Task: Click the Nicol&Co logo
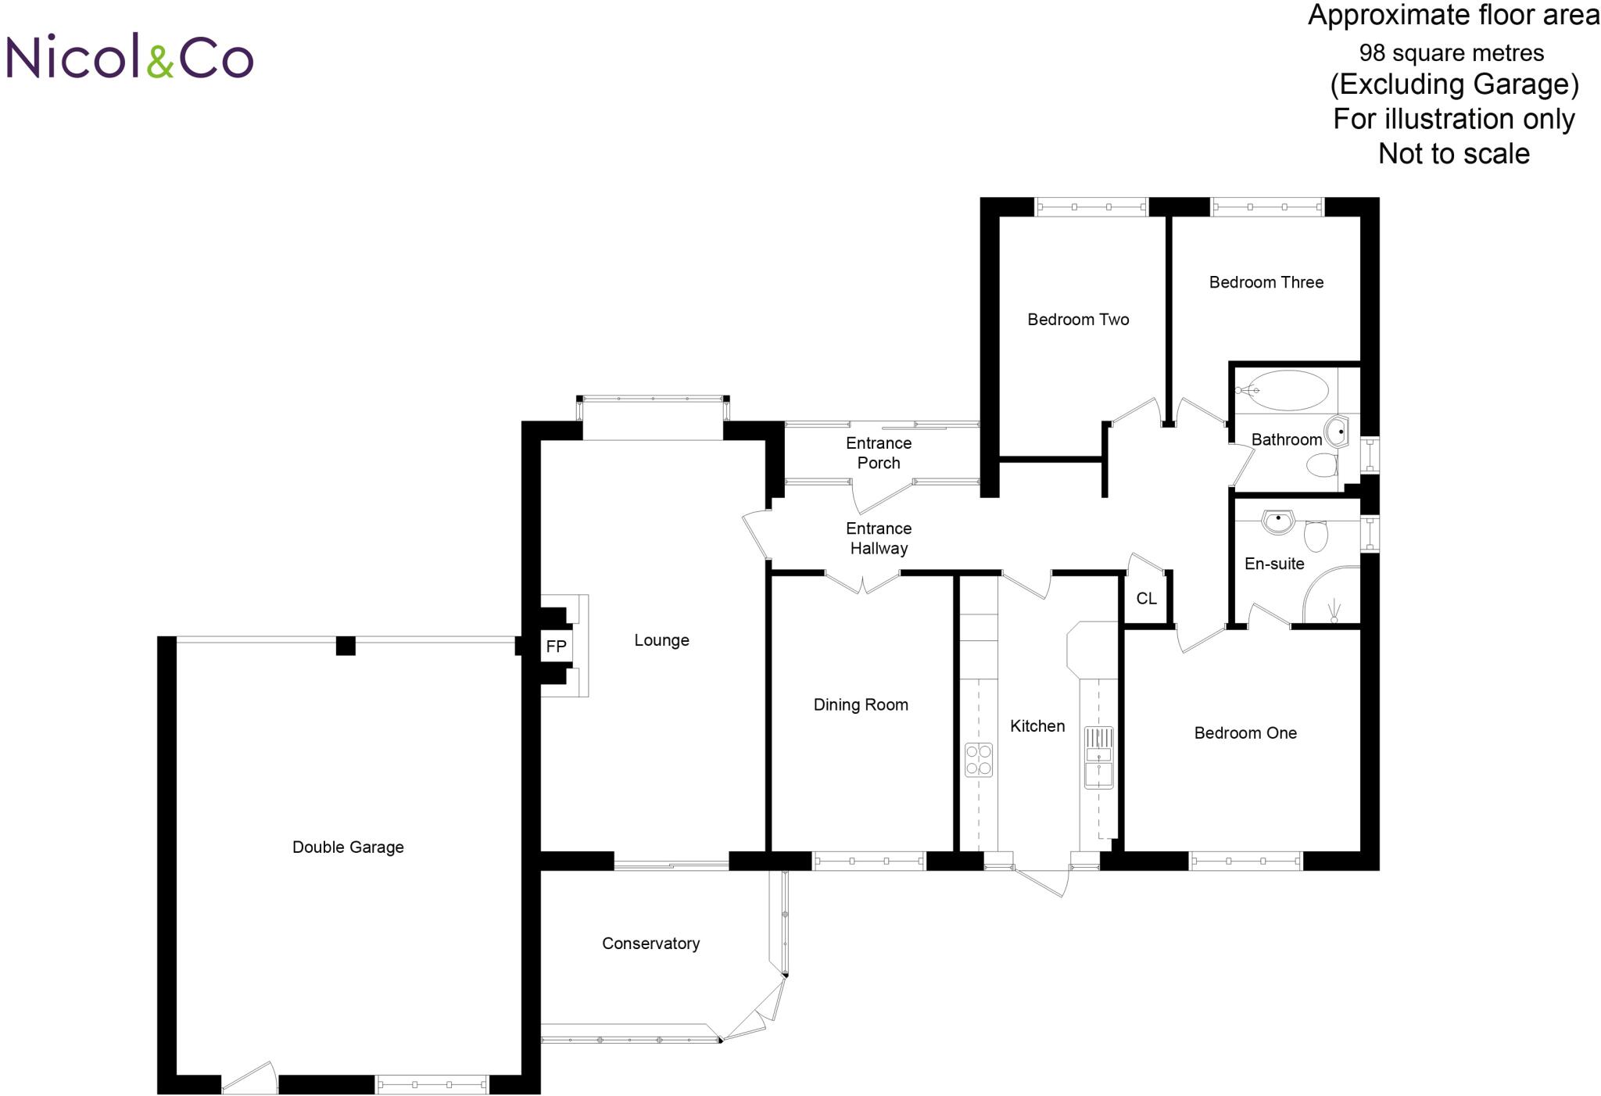coord(130,56)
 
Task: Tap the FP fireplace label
coord(556,646)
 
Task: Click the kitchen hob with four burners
coord(979,759)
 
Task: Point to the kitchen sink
coord(1098,757)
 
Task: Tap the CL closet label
coord(1146,599)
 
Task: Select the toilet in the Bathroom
coord(1323,467)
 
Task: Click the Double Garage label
coord(348,847)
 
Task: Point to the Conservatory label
coord(650,944)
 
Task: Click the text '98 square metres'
coord(1451,53)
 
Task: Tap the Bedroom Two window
coord(1091,207)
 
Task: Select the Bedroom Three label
coord(1266,282)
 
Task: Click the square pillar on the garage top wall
coord(346,646)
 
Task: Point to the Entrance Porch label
coord(879,453)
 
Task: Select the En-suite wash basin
coord(1279,522)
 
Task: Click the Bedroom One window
coord(1246,861)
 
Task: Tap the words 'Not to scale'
coord(1453,153)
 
